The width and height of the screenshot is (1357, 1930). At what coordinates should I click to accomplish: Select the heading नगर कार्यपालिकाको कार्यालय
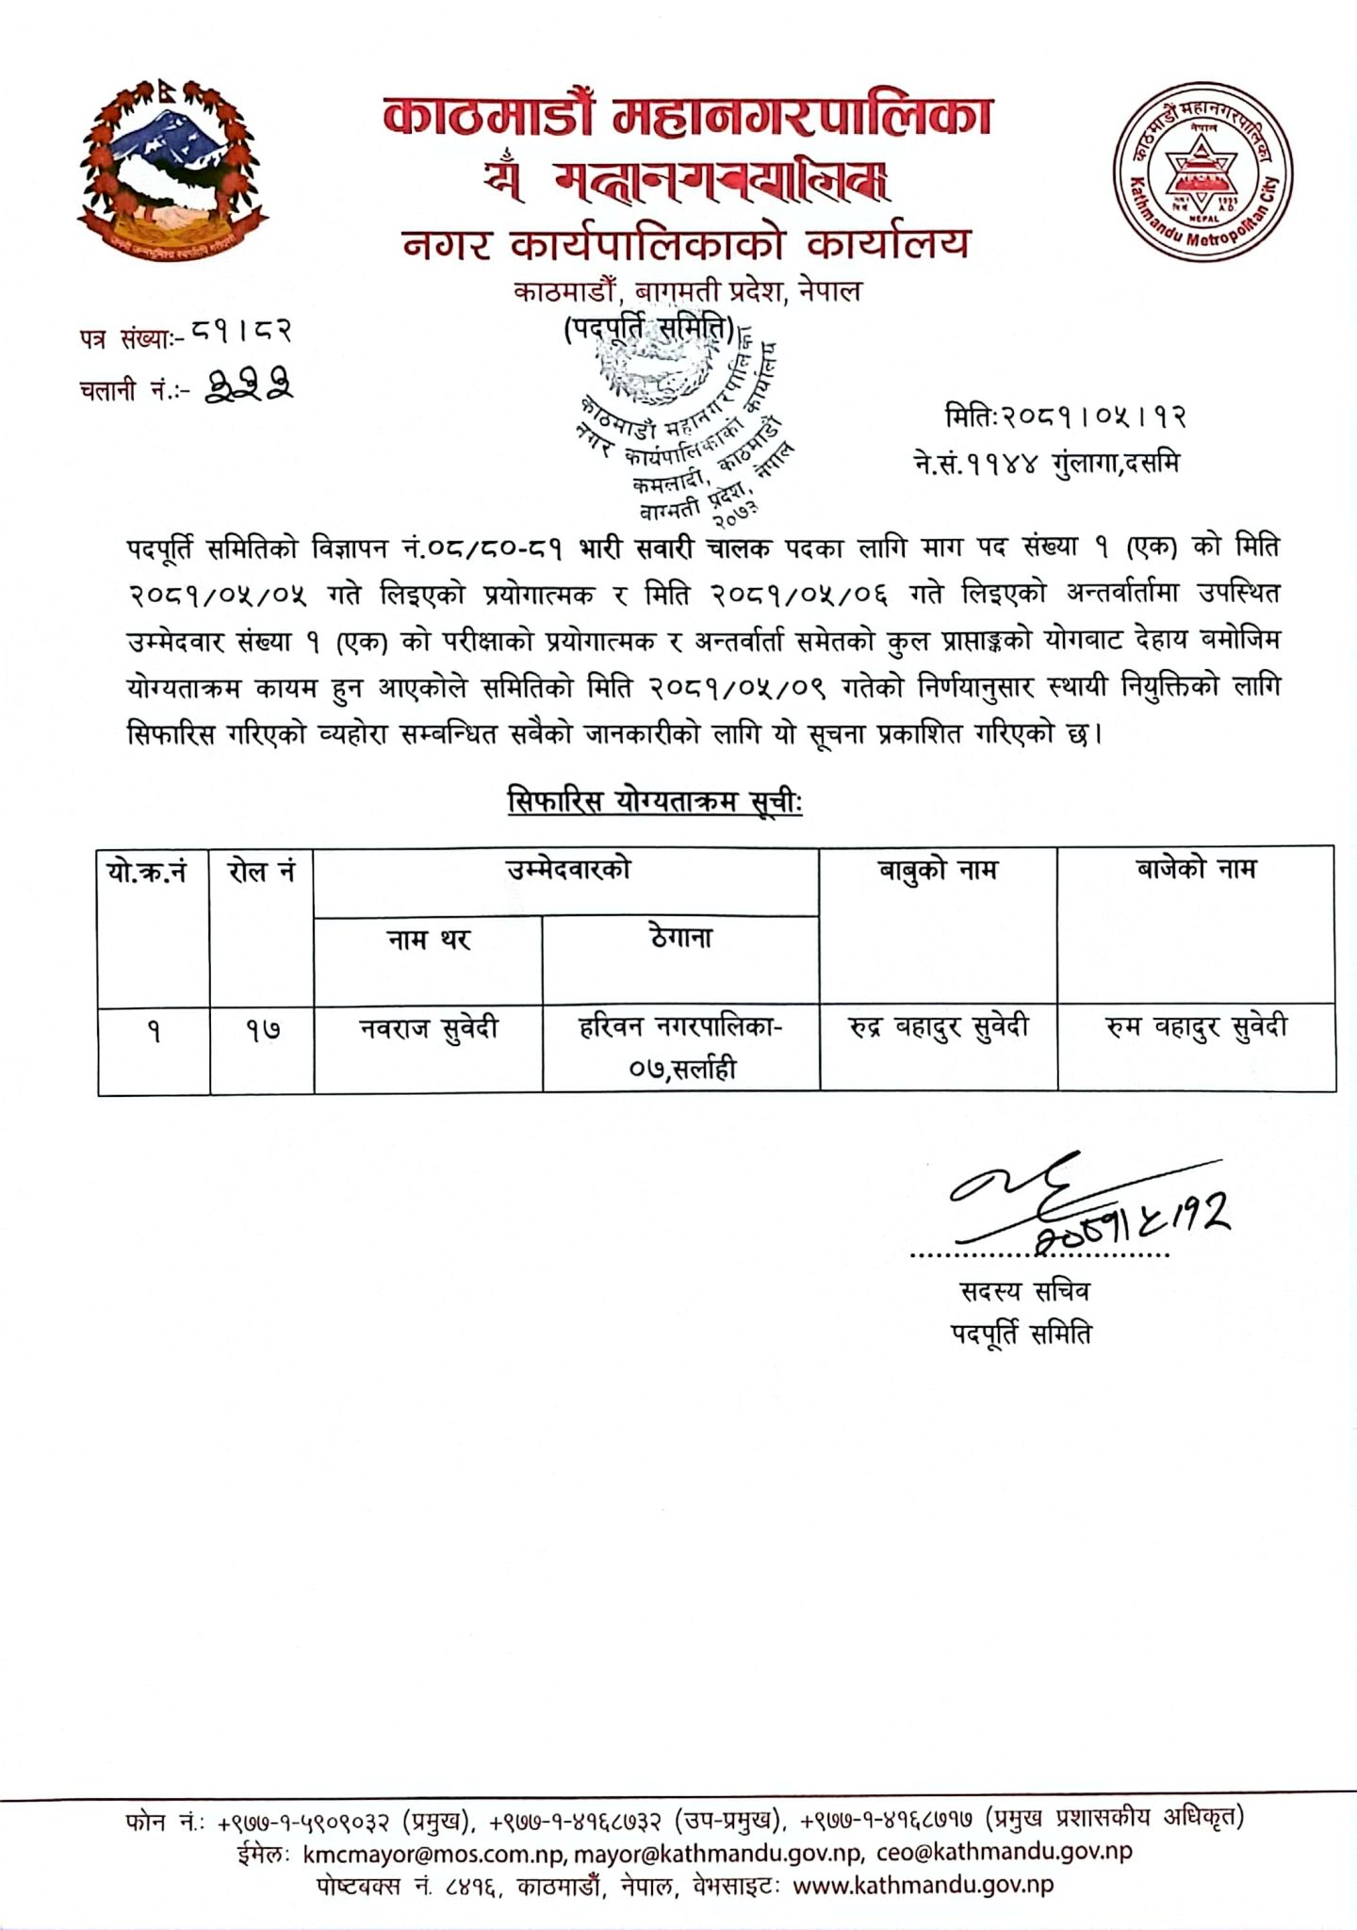(x=686, y=244)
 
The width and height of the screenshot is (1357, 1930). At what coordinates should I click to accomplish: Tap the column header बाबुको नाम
(x=937, y=870)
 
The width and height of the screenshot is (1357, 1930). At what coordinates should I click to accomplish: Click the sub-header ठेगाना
(x=679, y=939)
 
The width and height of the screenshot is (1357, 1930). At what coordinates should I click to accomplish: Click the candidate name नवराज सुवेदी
(x=429, y=1029)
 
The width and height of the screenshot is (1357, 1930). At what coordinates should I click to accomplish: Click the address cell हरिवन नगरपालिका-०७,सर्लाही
(x=680, y=1046)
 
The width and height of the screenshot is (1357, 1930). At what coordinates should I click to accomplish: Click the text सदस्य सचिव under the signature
(x=1023, y=1291)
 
